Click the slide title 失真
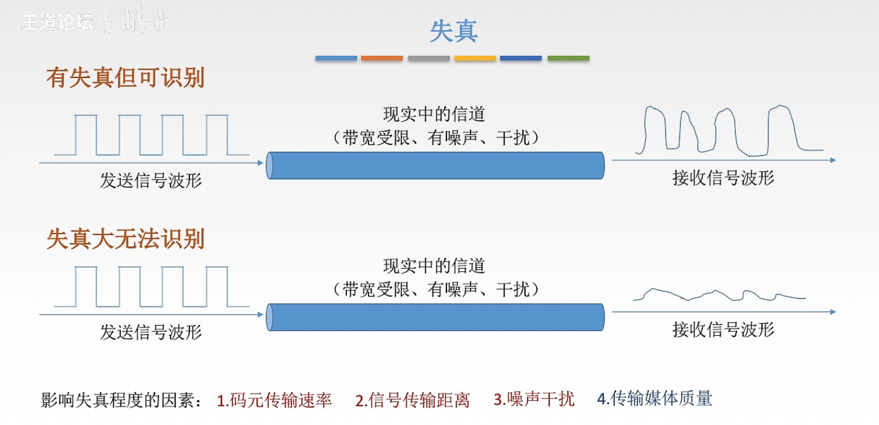(453, 31)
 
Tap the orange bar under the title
(382, 58)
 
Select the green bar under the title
(568, 58)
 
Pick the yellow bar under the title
(475, 58)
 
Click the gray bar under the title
(429, 58)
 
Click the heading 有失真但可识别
(125, 78)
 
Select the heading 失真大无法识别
(125, 239)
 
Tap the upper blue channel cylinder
(436, 165)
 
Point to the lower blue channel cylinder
(436, 317)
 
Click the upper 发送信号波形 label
(151, 181)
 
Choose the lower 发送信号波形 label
(151, 332)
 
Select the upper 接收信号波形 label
(723, 178)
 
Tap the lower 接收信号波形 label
(723, 329)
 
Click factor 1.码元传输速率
(274, 400)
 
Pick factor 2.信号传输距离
(412, 400)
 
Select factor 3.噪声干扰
(534, 399)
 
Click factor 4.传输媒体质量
(655, 398)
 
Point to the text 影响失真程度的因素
(120, 400)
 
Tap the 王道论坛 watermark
(57, 22)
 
